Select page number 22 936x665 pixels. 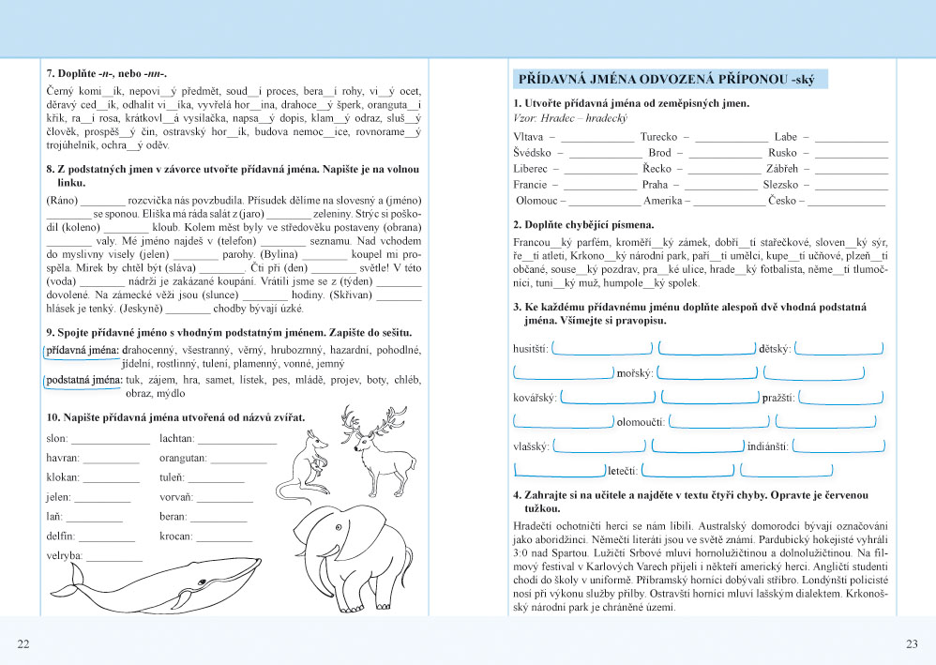23,642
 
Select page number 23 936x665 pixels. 912,642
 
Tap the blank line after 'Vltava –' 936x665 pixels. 597,138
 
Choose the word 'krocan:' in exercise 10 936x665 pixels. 175,537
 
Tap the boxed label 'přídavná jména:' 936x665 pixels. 83,349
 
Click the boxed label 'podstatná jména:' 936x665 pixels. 84,380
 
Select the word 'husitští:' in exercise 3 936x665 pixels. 532,349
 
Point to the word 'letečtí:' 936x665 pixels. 623,470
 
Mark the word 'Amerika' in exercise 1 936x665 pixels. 664,201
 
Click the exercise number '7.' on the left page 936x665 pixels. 51,73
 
